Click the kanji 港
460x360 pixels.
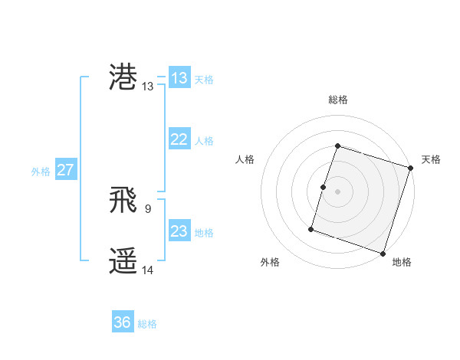tap(123, 78)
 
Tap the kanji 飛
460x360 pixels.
tap(123, 201)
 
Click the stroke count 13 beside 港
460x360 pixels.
tap(148, 87)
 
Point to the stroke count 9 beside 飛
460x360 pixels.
tap(147, 208)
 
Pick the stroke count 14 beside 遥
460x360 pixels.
tap(148, 270)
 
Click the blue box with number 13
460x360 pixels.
tap(179, 78)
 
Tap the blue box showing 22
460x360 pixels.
tap(179, 139)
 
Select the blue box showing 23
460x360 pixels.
tap(179, 231)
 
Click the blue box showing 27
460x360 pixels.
tap(65, 170)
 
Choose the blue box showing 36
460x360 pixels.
tap(123, 322)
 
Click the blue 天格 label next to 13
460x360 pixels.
tap(204, 79)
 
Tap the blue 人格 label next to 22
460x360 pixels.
tap(204, 140)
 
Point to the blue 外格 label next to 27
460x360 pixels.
tap(41, 171)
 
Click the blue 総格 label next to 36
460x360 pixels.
tap(147, 323)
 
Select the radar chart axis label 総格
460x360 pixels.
tap(337, 100)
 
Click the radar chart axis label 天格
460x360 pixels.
tap(431, 159)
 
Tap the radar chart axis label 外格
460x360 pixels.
tap(270, 263)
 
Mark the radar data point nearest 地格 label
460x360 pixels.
tap(383, 253)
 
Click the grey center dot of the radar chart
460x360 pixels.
tap(337, 191)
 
